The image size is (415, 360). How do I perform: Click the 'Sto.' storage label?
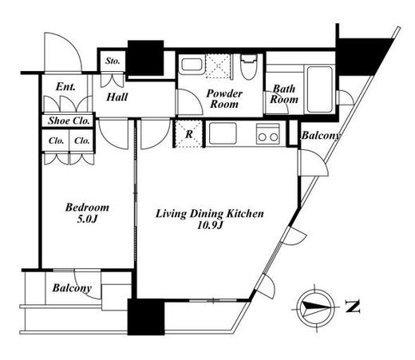point(113,61)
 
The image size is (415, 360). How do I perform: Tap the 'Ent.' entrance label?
point(65,87)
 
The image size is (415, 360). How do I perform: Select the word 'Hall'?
point(117,97)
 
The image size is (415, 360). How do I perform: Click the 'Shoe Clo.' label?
point(69,121)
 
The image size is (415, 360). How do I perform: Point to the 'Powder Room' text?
point(224,99)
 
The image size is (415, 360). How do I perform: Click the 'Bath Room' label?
point(284,94)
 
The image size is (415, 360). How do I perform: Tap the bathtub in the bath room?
point(319,89)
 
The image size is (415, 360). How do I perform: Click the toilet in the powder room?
point(249,67)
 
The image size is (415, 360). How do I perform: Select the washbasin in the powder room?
point(192,65)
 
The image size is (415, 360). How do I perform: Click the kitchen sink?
point(223,133)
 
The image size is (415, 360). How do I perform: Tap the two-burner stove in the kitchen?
point(268,134)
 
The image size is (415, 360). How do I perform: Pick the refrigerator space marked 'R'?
point(188,133)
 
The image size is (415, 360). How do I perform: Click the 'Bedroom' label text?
point(87,208)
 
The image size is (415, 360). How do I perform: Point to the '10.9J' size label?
point(210,225)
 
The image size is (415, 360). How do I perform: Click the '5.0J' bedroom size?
point(87,219)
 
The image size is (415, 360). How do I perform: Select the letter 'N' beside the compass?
point(352,307)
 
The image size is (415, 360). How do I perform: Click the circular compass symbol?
point(315,308)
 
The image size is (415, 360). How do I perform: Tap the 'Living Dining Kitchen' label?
point(210,214)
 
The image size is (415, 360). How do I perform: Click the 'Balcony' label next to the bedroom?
point(72,288)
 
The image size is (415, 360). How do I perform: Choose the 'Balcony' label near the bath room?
point(321,136)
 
